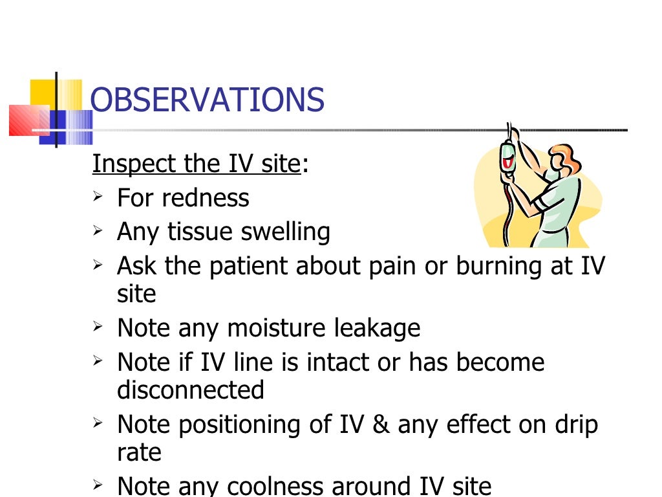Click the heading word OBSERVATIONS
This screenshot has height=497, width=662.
point(207,100)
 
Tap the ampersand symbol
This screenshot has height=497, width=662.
point(379,425)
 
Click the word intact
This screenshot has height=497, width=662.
point(348,362)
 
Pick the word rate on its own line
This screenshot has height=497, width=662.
point(138,452)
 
